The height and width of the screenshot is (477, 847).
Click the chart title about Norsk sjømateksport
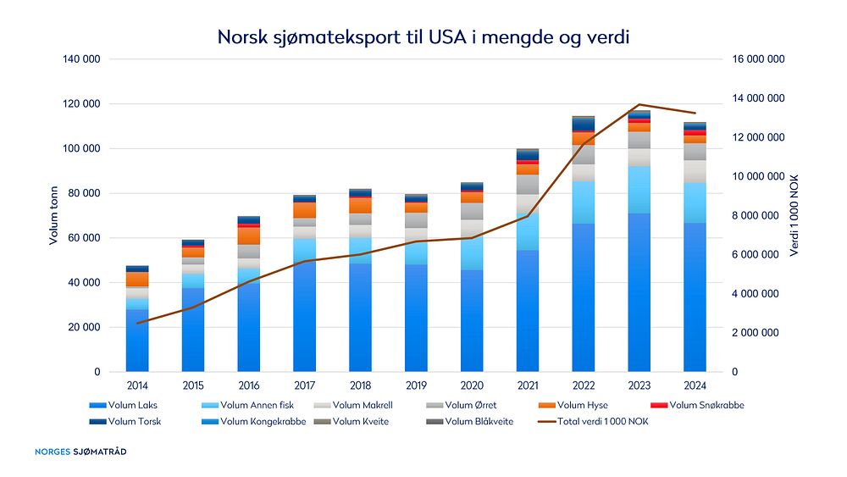coord(423,37)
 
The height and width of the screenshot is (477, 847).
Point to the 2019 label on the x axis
coord(416,386)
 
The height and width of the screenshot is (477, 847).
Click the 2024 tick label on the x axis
coord(695,386)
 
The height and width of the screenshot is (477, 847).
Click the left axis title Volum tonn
coord(53,216)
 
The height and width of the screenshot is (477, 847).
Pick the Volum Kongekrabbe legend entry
coord(257,421)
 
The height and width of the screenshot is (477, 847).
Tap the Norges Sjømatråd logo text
coord(80,452)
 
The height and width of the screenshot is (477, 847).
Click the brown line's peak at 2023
coord(639,104)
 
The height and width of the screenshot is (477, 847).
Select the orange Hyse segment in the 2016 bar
coord(249,236)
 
